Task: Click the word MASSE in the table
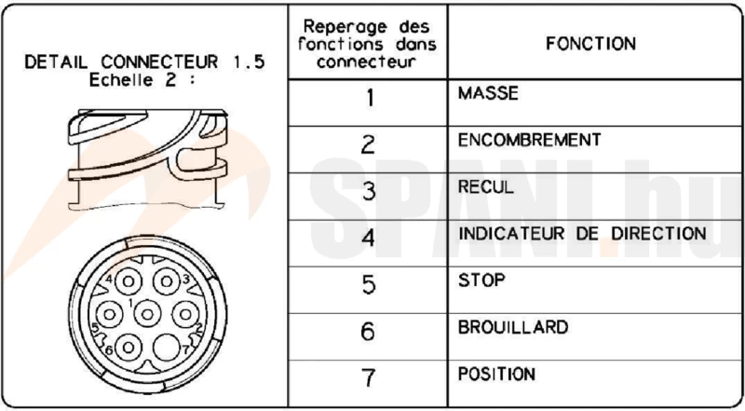(488, 93)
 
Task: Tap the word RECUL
(485, 186)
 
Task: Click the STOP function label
(481, 281)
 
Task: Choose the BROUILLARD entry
(513, 327)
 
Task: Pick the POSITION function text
(496, 374)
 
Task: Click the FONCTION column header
(590, 44)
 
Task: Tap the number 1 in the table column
(370, 98)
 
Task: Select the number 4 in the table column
(368, 238)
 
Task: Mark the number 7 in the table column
(368, 377)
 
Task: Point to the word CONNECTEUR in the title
(159, 62)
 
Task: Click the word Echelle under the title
(122, 80)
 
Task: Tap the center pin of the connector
(147, 314)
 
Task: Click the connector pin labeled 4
(129, 281)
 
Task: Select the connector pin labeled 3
(167, 281)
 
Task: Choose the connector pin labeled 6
(129, 348)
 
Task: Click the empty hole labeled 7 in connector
(166, 348)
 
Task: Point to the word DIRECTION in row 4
(658, 234)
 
